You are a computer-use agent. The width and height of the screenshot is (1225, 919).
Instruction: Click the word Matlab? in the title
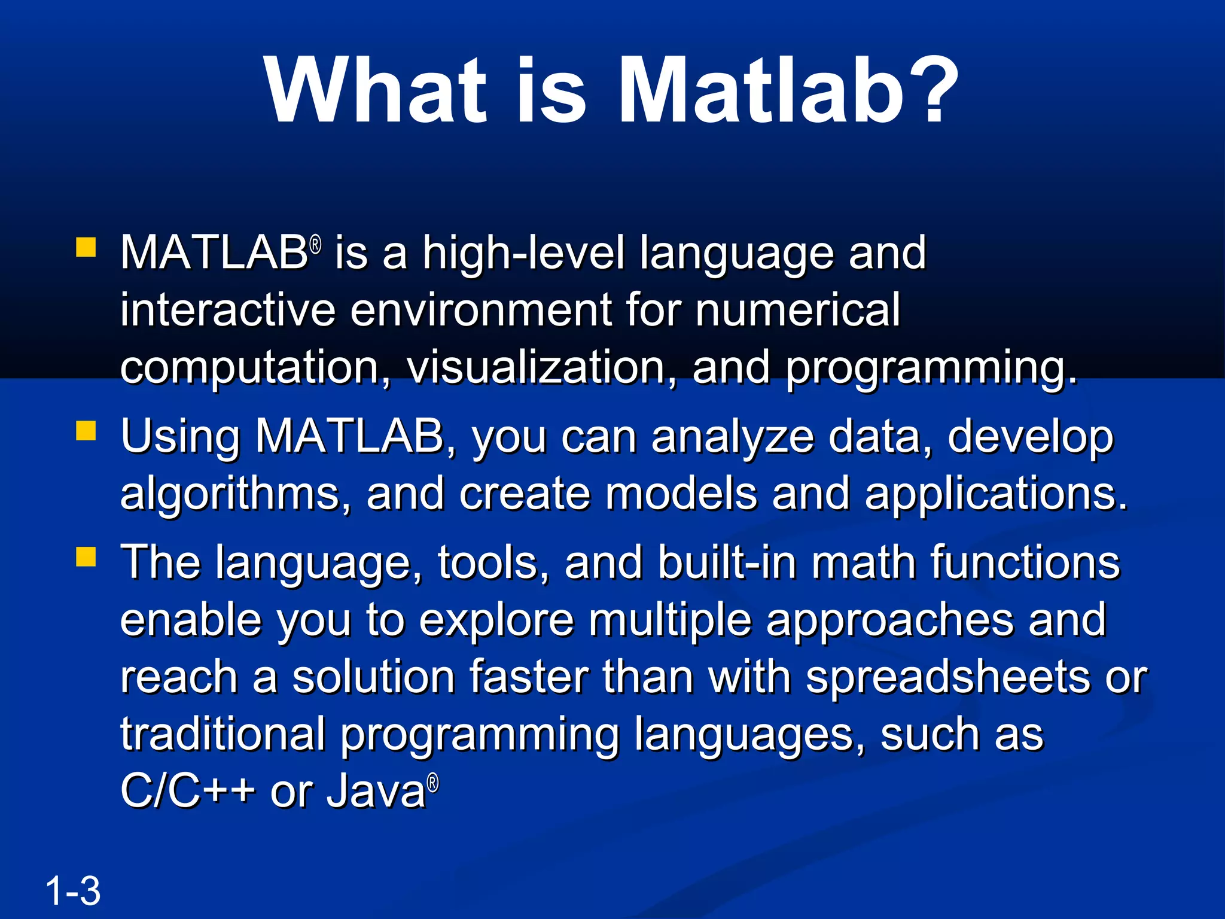(787, 91)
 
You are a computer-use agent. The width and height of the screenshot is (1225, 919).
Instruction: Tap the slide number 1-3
(72, 891)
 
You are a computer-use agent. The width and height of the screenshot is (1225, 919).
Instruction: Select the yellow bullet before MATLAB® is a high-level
(86, 247)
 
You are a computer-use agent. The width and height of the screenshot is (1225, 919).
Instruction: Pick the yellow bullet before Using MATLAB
(86, 431)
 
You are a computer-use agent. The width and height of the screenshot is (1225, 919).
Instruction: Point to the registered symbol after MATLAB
(316, 244)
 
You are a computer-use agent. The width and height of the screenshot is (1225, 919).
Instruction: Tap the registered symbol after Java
(433, 783)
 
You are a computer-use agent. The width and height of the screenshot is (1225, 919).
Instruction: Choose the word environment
(480, 310)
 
